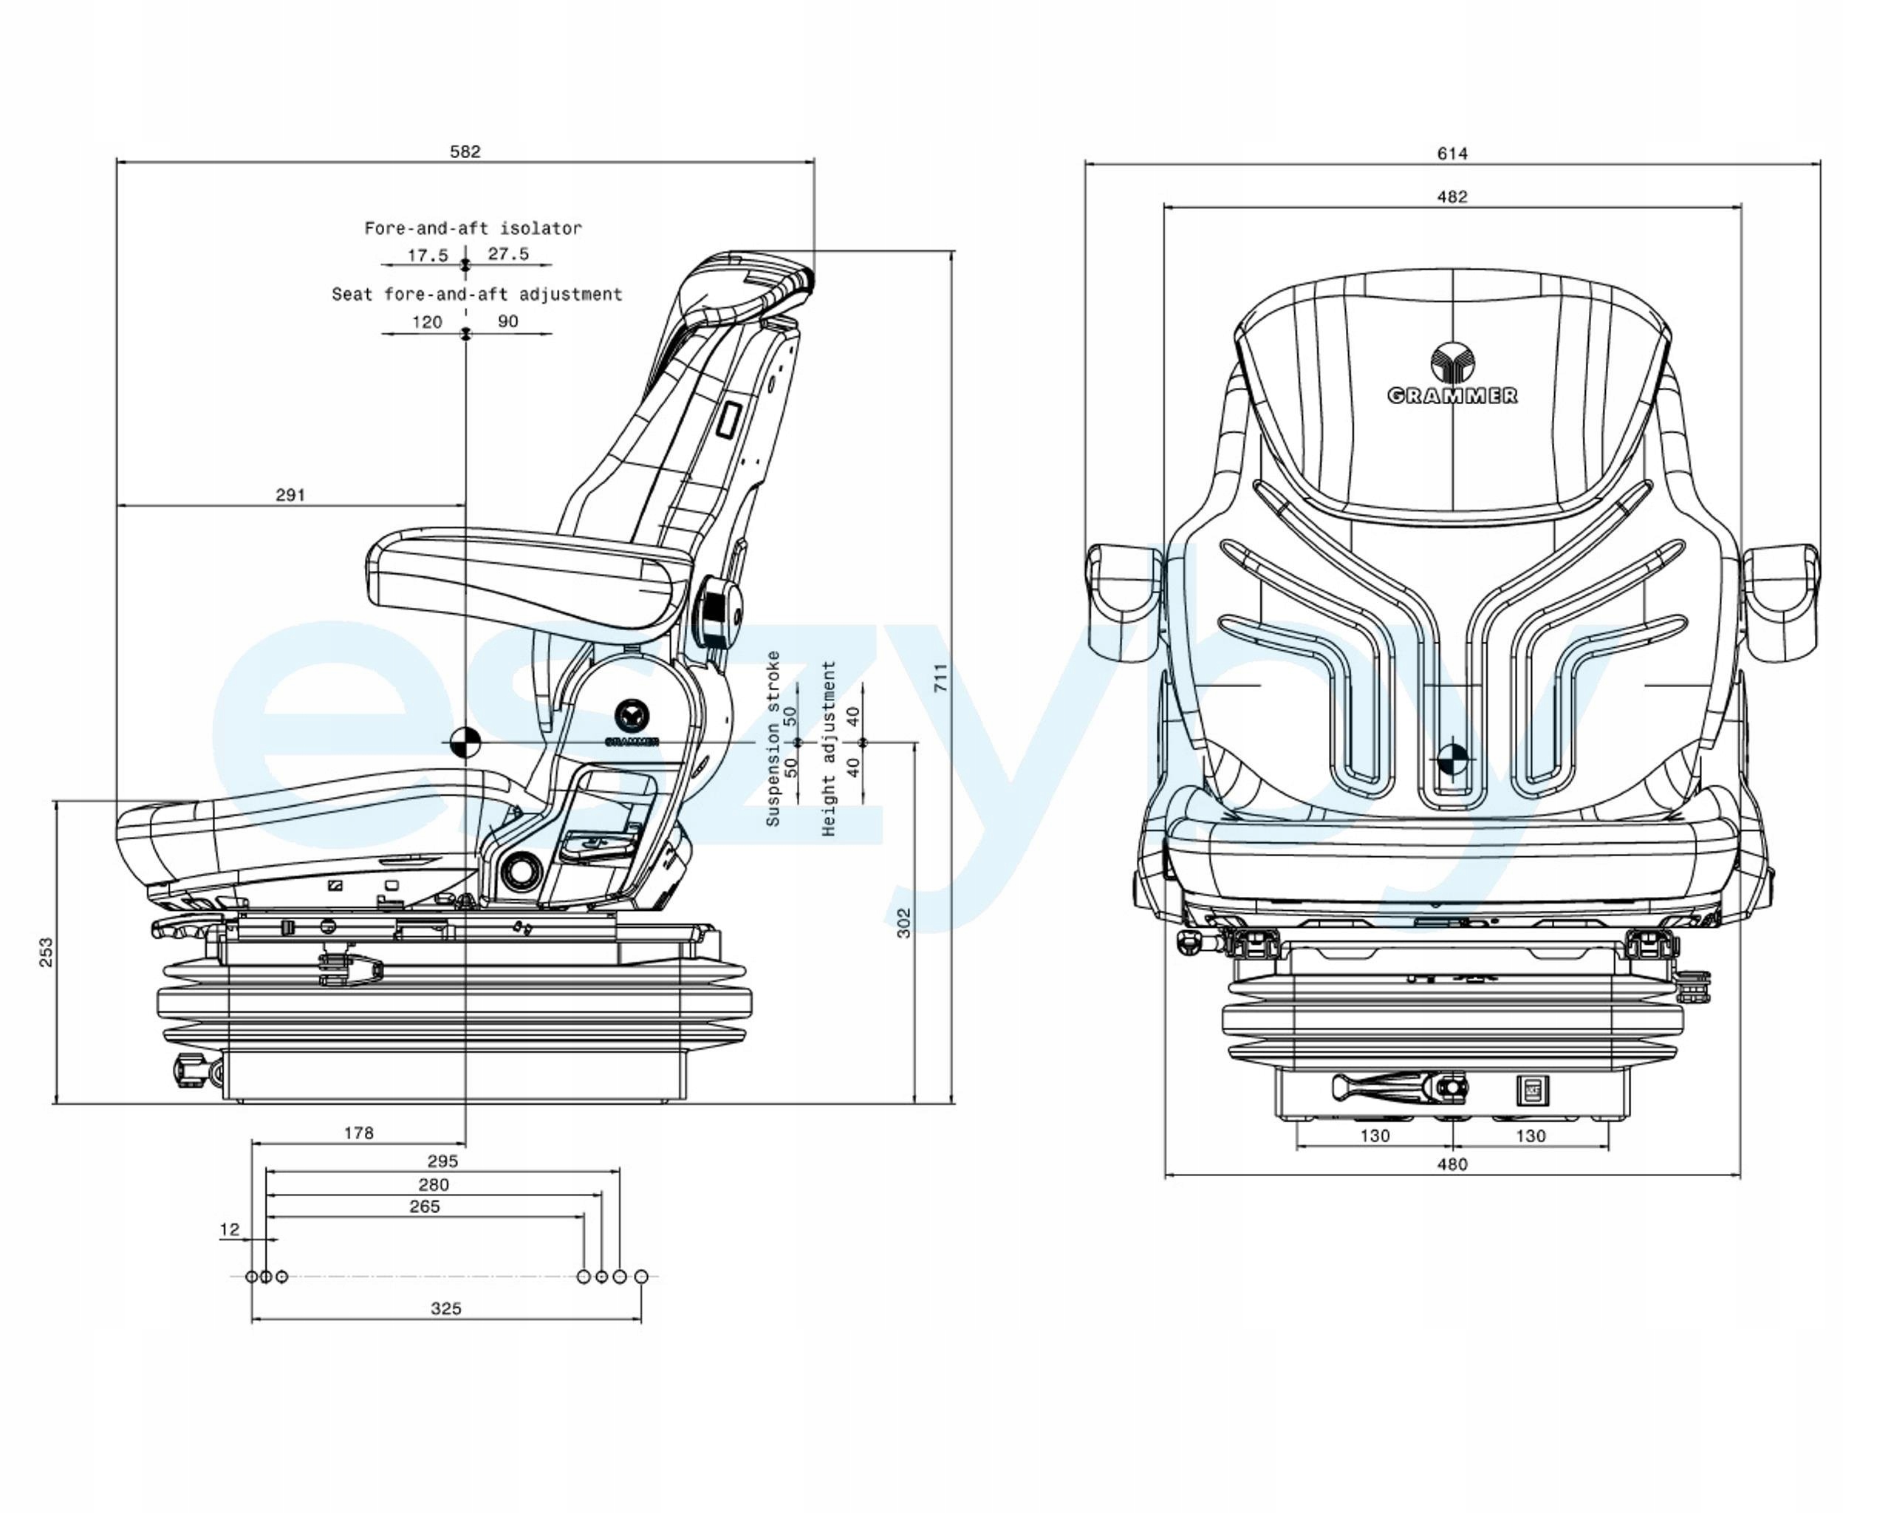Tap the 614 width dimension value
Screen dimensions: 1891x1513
click(x=1451, y=154)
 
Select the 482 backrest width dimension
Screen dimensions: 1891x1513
click(x=1451, y=197)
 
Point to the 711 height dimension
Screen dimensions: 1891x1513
click(x=940, y=677)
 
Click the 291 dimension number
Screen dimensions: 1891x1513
click(x=290, y=495)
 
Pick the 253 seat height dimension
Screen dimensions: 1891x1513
click(x=46, y=952)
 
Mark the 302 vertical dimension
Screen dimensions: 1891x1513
click(x=903, y=923)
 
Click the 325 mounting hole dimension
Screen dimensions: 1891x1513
click(x=445, y=1308)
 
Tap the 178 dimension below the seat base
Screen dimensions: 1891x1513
click(x=359, y=1133)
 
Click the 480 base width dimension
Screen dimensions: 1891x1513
click(x=1451, y=1164)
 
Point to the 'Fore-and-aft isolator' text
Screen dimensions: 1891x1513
click(x=473, y=228)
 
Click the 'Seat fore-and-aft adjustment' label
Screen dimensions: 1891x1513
click(x=476, y=294)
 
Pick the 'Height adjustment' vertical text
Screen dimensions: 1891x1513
click(x=829, y=748)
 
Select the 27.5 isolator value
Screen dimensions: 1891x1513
click(x=509, y=254)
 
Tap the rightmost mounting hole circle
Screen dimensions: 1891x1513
click(x=641, y=1276)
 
